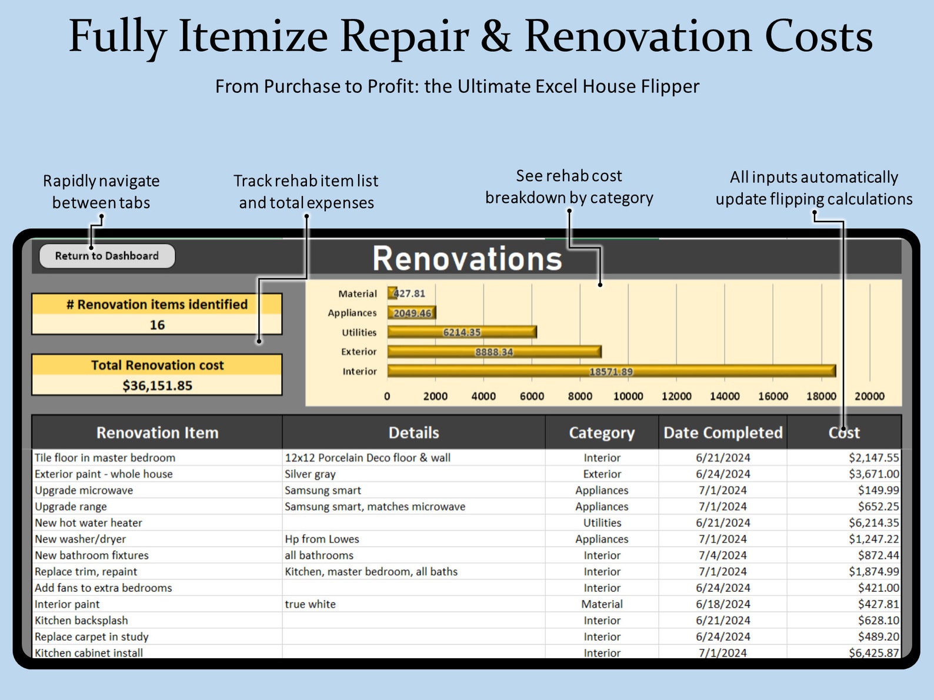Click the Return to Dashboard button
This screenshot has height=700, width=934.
107,256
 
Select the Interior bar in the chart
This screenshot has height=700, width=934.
611,371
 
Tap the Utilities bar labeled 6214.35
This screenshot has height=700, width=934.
462,332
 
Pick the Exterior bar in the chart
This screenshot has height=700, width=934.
494,351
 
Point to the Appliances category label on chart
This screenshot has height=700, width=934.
352,313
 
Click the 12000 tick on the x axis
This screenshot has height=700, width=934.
676,396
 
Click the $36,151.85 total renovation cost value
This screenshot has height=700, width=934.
157,386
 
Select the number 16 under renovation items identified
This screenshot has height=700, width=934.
157,325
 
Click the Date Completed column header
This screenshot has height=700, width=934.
723,433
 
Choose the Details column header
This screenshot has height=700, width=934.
413,433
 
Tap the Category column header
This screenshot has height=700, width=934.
602,433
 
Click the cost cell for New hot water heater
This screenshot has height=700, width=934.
873,523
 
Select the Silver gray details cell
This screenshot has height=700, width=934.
310,474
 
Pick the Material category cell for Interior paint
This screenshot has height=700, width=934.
602,604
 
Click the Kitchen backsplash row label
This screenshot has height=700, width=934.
81,620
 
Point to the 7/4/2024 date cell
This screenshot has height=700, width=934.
722,555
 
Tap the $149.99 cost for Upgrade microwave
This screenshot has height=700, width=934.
878,490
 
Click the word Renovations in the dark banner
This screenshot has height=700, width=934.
467,259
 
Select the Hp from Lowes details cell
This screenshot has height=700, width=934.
322,539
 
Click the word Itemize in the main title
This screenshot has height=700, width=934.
253,36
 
